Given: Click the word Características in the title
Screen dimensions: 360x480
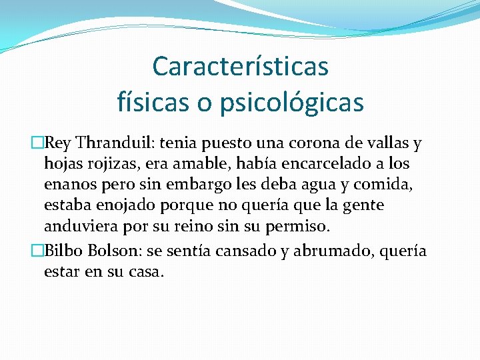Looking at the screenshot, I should tap(240, 66).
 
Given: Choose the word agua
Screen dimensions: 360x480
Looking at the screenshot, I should tap(322, 184).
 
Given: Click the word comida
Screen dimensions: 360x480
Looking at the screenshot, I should tap(389, 184).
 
